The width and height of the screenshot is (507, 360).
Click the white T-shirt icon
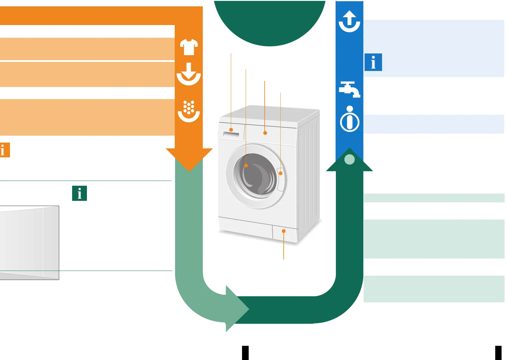[189, 47]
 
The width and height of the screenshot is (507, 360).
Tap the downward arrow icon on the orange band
[189, 74]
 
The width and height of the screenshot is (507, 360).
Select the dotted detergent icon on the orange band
[189, 111]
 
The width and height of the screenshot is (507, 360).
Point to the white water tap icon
[349, 89]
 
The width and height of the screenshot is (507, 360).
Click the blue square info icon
[373, 62]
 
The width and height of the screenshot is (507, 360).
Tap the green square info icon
[79, 193]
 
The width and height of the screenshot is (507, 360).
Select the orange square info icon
[5, 150]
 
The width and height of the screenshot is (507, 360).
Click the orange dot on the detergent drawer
[231, 130]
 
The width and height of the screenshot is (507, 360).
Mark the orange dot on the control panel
[265, 133]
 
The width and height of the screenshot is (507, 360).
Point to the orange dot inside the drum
[246, 166]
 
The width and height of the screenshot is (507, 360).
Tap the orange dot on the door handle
[281, 173]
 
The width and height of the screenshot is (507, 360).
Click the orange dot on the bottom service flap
[284, 231]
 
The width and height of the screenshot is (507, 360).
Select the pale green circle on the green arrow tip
[349, 159]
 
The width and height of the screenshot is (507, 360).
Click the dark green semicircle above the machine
[269, 21]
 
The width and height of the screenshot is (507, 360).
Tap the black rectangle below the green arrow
[245, 353]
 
